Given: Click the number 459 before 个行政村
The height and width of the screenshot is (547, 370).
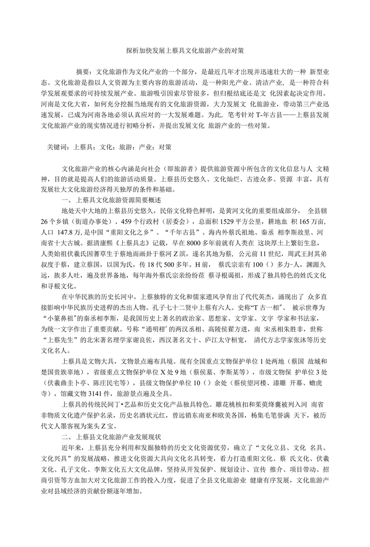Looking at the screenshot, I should (x=120, y=221).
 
